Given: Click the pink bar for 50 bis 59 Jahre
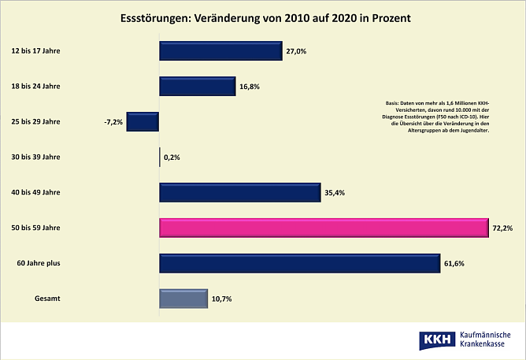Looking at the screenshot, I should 324,228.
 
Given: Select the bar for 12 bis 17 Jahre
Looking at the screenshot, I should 220,51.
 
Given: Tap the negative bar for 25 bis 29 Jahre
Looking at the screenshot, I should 143,122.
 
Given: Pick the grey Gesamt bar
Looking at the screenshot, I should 183,299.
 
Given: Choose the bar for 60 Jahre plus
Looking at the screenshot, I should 299,263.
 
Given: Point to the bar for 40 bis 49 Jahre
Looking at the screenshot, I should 239,192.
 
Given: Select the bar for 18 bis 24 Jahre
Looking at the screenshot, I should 198,87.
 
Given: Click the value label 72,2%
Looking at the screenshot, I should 502,228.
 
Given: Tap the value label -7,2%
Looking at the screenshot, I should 113,123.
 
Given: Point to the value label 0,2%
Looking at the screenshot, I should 172,158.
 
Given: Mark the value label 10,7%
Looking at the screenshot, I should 221,299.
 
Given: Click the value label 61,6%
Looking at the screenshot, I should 454,264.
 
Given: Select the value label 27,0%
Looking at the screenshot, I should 296,52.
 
